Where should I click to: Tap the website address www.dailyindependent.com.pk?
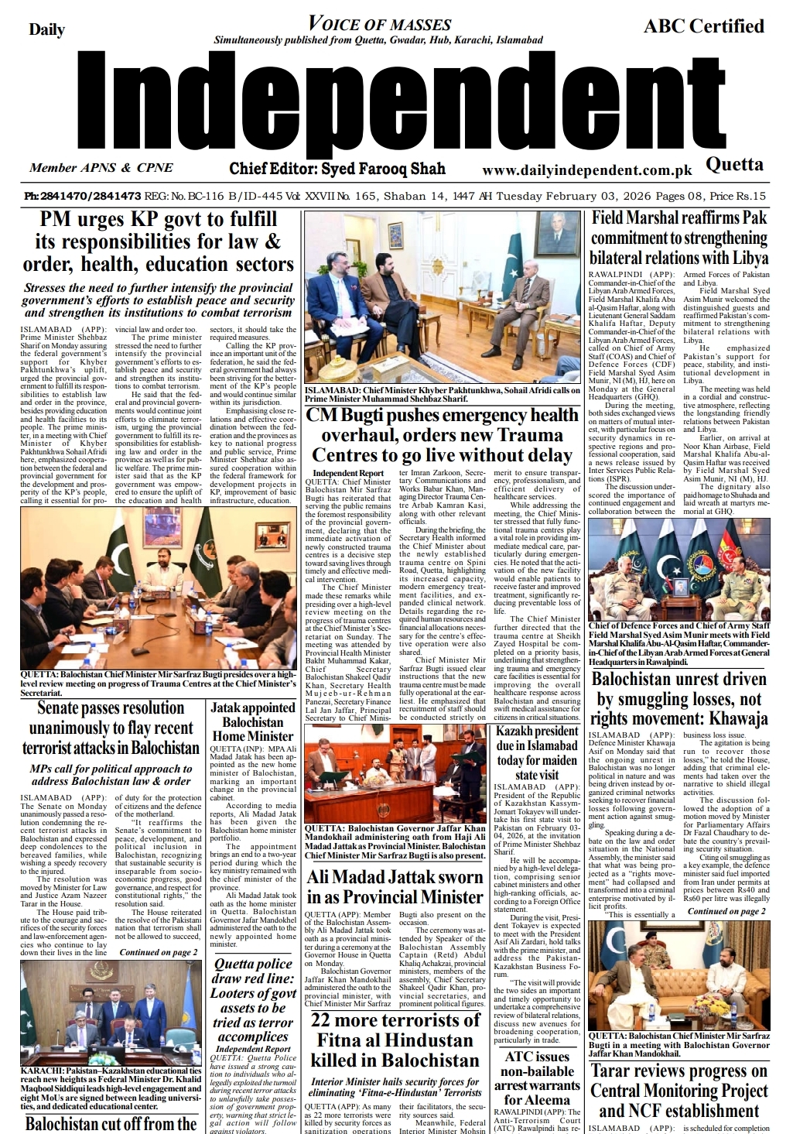click(x=586, y=170)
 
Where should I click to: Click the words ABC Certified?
click(x=703, y=26)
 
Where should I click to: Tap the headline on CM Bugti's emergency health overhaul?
click(x=442, y=435)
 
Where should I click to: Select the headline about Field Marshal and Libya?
click(x=678, y=238)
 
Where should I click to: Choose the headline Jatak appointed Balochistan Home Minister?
click(x=253, y=721)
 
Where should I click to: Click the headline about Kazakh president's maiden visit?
click(x=537, y=752)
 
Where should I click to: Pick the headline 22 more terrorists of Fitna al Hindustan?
click(x=395, y=1040)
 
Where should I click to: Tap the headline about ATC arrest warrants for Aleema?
click(x=537, y=1077)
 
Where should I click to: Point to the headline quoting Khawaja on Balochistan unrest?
click(x=678, y=699)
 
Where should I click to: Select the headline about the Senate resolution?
click(x=111, y=728)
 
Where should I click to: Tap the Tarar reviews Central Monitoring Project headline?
click(x=678, y=1091)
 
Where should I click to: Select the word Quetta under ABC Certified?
click(x=734, y=164)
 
